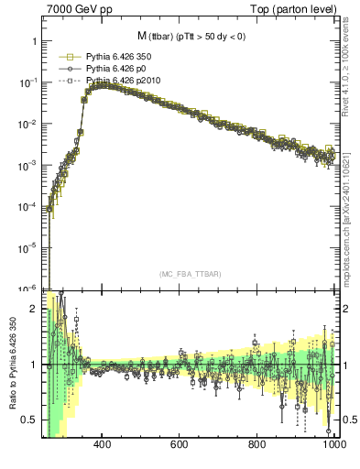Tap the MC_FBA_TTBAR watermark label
pyautogui.click(x=188, y=274)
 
